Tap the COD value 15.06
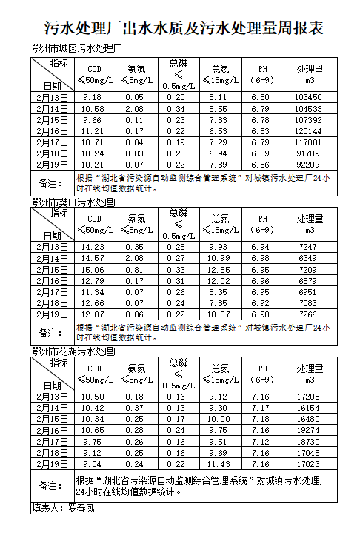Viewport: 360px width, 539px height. (x=93, y=270)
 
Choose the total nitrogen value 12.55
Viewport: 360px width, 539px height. (x=219, y=270)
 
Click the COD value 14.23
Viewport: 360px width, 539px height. (x=93, y=247)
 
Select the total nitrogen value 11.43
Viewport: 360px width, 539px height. (x=219, y=464)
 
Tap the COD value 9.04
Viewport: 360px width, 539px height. (x=93, y=464)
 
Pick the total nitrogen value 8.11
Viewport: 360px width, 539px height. (x=219, y=97)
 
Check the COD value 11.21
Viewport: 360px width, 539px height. (x=93, y=130)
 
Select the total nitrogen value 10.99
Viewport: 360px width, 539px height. (x=219, y=258)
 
